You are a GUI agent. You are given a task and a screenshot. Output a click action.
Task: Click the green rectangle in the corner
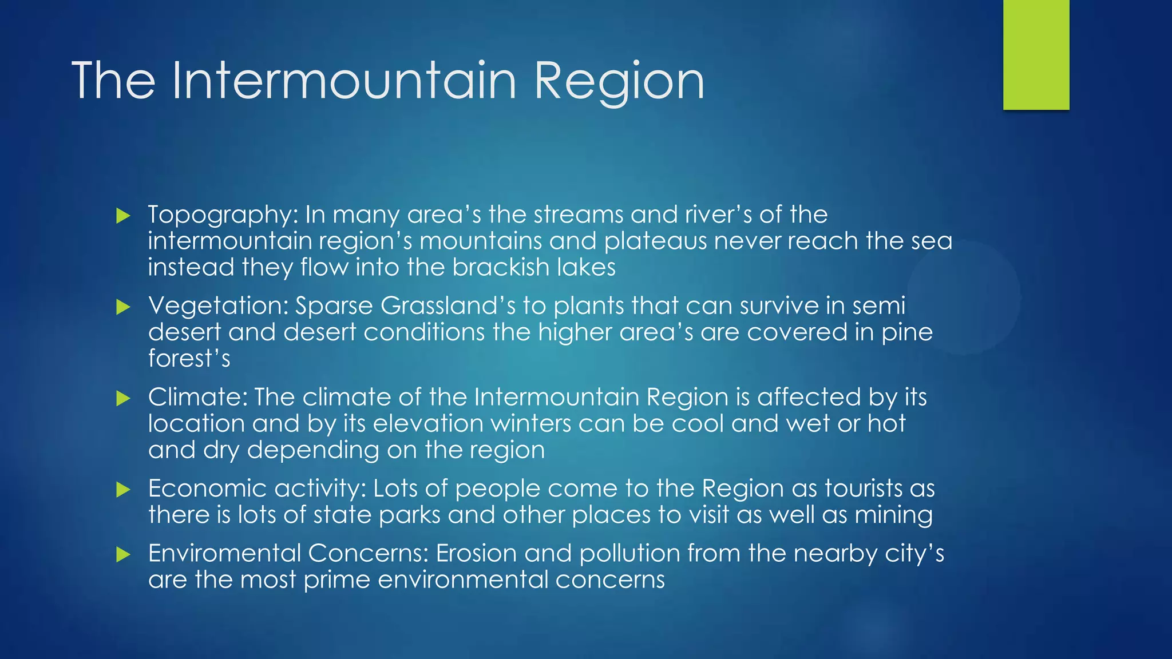(1036, 55)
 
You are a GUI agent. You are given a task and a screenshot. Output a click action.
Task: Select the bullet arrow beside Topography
(123, 216)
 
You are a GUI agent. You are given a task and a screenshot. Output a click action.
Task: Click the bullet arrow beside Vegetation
(123, 307)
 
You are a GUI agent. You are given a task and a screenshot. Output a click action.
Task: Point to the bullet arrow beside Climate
(123, 398)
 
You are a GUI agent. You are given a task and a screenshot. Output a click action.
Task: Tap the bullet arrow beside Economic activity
(123, 490)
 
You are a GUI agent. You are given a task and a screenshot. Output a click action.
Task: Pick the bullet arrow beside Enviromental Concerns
(123, 554)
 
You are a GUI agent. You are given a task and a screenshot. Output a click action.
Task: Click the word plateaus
(655, 241)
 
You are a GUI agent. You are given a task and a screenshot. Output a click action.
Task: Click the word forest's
(189, 359)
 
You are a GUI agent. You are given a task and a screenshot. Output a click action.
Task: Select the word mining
(893, 515)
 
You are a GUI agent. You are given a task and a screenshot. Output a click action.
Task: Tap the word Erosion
(476, 553)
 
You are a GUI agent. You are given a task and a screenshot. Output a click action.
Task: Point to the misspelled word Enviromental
(224, 553)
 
